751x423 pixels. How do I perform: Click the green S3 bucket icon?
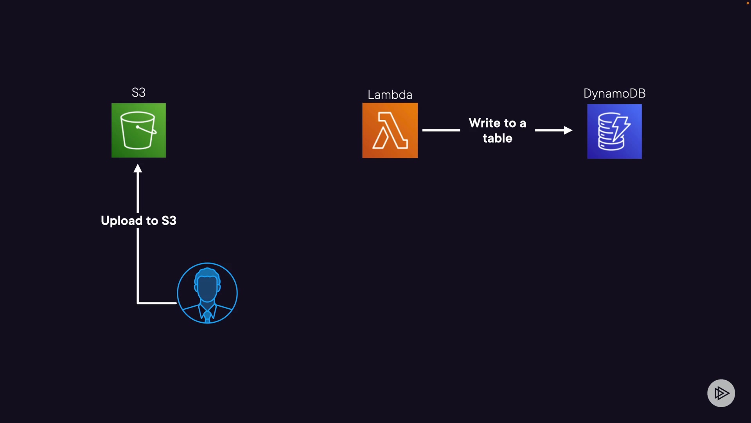pyautogui.click(x=138, y=130)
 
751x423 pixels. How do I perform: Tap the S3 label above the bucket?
pyautogui.click(x=138, y=93)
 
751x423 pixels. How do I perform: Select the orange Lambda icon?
pyautogui.click(x=390, y=130)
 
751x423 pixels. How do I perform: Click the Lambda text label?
pyautogui.click(x=390, y=95)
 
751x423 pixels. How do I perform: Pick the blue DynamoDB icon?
pyautogui.click(x=614, y=132)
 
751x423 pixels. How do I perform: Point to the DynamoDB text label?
pyautogui.click(x=614, y=94)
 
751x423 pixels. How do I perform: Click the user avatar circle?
pyautogui.click(x=207, y=293)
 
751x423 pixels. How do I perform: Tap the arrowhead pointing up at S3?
pyautogui.click(x=138, y=169)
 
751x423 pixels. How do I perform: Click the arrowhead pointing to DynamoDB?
pyautogui.click(x=568, y=130)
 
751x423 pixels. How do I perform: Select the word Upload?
pyautogui.click(x=121, y=221)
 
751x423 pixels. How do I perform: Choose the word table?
pyautogui.click(x=497, y=138)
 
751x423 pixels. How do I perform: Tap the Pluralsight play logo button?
pyautogui.click(x=721, y=393)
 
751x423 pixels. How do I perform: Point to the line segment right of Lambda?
pyautogui.click(x=441, y=130)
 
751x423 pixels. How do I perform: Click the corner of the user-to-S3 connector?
pyautogui.click(x=138, y=303)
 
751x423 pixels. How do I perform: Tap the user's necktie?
pyautogui.click(x=207, y=316)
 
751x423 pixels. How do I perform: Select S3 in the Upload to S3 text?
pyautogui.click(x=169, y=221)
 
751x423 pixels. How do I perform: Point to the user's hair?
pyautogui.click(x=207, y=273)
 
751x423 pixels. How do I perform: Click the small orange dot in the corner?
pyautogui.click(x=747, y=3)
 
